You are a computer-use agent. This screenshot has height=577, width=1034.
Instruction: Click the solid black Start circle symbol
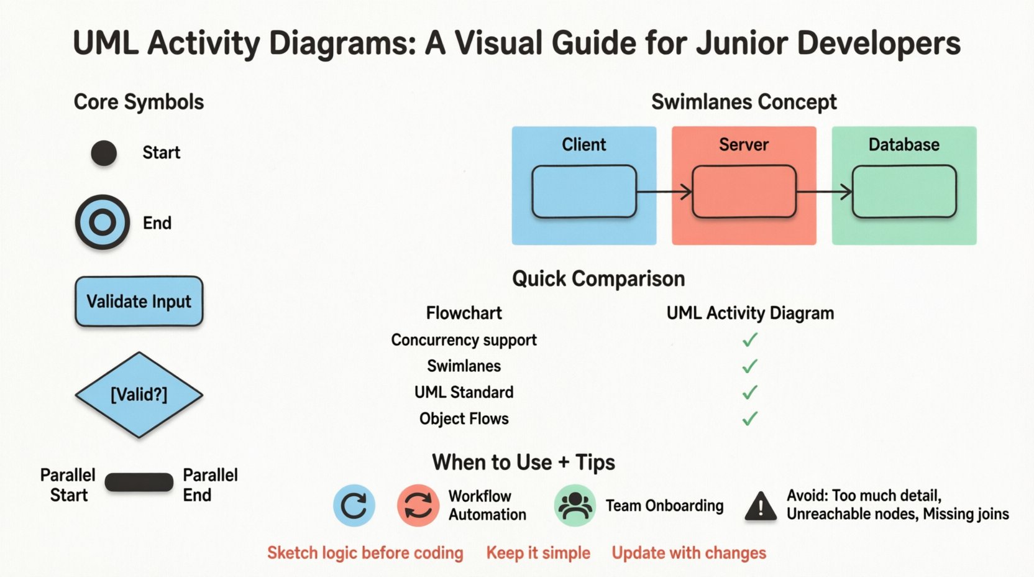[104, 153]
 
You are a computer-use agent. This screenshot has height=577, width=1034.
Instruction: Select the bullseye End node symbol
[103, 222]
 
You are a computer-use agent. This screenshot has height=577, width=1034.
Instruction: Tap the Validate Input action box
[139, 302]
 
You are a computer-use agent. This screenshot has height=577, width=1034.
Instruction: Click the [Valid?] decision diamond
[139, 395]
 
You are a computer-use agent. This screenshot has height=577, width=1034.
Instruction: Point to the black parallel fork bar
[139, 483]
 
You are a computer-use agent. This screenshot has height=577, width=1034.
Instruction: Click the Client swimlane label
[583, 145]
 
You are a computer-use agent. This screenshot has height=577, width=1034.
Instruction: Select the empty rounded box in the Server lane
[744, 192]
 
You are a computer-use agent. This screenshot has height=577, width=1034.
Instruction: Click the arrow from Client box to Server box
[664, 192]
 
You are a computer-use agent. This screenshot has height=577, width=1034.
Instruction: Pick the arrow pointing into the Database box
[824, 192]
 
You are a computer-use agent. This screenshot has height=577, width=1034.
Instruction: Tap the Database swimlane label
[904, 145]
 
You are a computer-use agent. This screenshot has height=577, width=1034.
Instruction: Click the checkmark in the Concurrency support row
[750, 340]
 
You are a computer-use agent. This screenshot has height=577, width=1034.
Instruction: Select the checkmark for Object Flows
[750, 418]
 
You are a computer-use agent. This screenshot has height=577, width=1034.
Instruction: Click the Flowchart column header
[464, 313]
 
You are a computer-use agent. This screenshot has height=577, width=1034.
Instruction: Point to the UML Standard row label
[464, 392]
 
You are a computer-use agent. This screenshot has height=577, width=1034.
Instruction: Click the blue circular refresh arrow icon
[354, 505]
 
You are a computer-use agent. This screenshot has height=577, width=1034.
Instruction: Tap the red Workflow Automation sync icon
[418, 505]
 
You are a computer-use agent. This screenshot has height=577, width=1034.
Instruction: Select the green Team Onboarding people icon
[575, 505]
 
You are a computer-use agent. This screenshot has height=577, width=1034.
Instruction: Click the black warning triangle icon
[761, 506]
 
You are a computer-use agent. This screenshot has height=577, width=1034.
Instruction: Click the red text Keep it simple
[538, 553]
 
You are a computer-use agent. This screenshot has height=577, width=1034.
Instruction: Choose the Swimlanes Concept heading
[744, 102]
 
